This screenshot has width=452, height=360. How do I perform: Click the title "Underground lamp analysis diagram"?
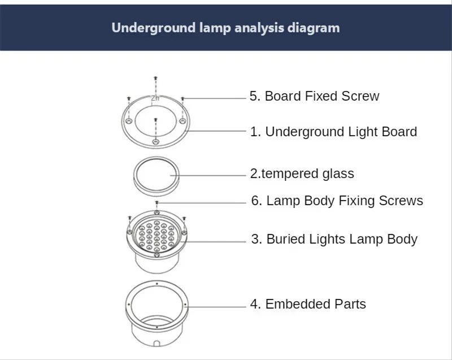coord(225,28)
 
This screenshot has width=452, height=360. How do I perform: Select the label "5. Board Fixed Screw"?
coord(314,96)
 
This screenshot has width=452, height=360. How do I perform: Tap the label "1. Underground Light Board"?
coord(333,132)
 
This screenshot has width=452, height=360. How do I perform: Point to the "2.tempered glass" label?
coord(302,174)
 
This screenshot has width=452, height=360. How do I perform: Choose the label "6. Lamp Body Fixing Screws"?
coord(337,201)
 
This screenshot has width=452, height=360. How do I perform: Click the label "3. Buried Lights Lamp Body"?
coord(334,239)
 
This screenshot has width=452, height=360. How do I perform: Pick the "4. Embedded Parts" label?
coord(308,304)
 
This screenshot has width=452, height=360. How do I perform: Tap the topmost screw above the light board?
coord(156,79)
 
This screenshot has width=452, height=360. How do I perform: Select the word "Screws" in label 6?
coord(402,201)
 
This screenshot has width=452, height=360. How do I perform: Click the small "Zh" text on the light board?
coord(155,98)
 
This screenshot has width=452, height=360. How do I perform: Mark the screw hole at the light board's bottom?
coord(157,141)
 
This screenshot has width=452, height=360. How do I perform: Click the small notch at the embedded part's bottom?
coord(156,342)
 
